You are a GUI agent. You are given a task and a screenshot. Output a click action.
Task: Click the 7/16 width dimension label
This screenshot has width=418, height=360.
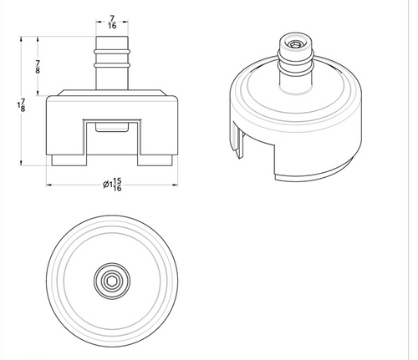coord(112,22)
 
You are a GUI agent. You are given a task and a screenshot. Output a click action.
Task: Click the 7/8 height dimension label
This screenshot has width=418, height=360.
coord(38,67)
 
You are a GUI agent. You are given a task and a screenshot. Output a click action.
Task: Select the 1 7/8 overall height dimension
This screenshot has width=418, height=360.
coord(22,105)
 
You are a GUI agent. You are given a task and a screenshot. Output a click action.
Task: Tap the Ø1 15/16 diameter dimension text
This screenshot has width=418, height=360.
coord(112,185)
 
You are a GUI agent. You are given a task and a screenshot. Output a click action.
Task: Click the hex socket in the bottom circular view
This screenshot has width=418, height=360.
coord(112,281)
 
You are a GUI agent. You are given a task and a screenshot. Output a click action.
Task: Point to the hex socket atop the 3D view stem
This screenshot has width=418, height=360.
coord(295,44)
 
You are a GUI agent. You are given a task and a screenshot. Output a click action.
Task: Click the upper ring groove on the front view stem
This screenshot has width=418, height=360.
coord(112,52)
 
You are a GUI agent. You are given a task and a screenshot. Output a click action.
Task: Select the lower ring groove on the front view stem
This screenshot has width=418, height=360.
coord(112,65)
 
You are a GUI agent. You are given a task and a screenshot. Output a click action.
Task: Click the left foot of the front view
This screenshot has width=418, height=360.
coord(69,160)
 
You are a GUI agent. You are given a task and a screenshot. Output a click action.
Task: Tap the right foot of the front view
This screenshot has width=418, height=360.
coord(155,160)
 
